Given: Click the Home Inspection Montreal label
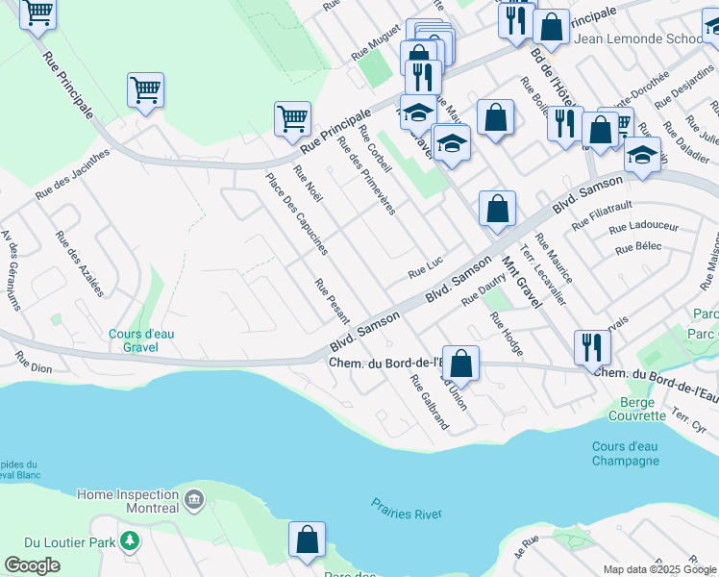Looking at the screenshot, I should pyautogui.click(x=128, y=501).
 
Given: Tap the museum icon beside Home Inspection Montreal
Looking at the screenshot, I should pyautogui.click(x=194, y=500).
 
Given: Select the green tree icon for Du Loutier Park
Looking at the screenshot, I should pyautogui.click(x=128, y=544).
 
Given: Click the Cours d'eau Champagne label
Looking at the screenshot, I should pyautogui.click(x=626, y=453).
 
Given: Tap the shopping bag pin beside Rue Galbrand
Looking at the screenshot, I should pyautogui.click(x=460, y=364).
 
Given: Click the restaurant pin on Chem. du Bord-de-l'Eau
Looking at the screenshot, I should pyautogui.click(x=591, y=347).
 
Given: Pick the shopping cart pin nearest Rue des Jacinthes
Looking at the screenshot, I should pyautogui.click(x=145, y=90).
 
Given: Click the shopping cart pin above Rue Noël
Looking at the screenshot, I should pyautogui.click(x=292, y=119).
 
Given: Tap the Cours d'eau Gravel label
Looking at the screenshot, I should pyautogui.click(x=141, y=340).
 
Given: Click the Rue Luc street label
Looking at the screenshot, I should pyautogui.click(x=425, y=273).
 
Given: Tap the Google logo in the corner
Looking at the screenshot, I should pyautogui.click(x=33, y=565).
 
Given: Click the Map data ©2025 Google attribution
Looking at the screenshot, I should pyautogui.click(x=658, y=569).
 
